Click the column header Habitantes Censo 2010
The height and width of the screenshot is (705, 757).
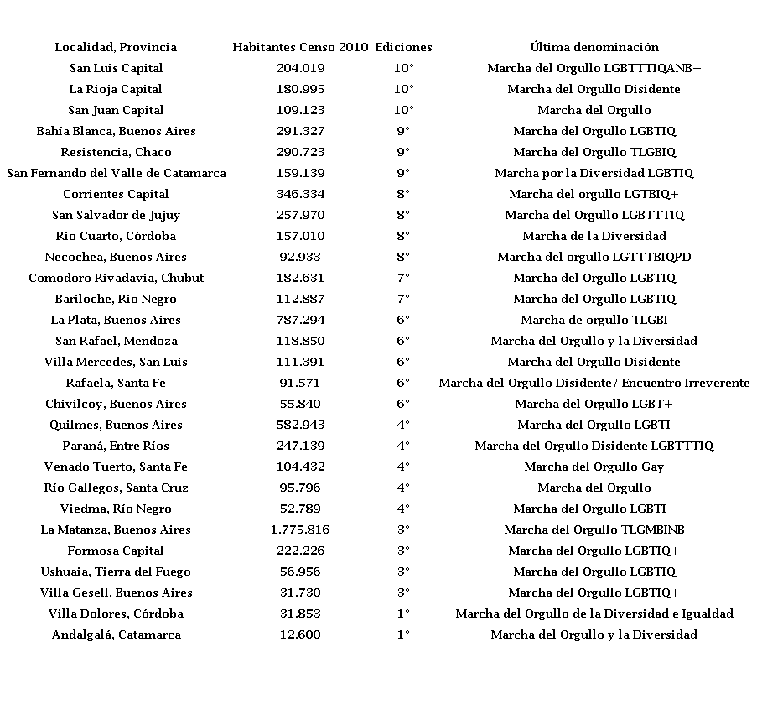click(300, 47)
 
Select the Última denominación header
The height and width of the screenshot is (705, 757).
click(594, 47)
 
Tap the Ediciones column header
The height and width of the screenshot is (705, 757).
click(403, 47)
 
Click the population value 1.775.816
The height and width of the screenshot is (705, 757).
click(300, 530)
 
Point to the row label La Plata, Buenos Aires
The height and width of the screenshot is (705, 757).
click(116, 320)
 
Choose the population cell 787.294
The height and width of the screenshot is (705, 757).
click(300, 320)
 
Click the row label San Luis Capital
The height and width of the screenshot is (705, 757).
click(116, 68)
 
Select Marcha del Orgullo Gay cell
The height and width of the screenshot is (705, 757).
click(594, 467)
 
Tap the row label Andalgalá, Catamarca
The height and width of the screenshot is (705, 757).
click(116, 634)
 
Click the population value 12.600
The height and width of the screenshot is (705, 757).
click(300, 634)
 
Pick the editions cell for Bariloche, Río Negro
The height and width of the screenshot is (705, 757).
click(403, 299)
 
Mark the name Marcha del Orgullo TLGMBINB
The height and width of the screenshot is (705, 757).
click(594, 530)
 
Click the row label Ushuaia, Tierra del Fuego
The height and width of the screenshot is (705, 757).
click(116, 572)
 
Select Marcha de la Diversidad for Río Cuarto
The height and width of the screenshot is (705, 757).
click(594, 236)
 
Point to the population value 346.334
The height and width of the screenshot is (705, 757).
click(300, 194)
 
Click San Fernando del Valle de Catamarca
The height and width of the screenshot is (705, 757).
click(116, 173)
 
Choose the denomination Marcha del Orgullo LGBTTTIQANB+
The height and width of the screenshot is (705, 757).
click(594, 68)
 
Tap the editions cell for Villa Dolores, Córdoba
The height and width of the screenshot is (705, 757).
click(403, 614)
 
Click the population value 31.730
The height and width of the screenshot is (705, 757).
click(300, 593)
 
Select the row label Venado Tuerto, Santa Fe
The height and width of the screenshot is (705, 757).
click(116, 467)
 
